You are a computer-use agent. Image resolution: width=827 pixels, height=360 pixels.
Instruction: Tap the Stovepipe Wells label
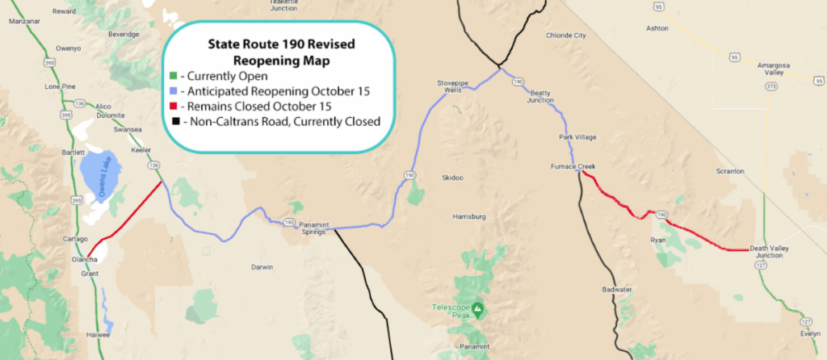[452, 86]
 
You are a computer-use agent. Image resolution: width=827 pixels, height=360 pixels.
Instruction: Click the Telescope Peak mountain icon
[478, 308]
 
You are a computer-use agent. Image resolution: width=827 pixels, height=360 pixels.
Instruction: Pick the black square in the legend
[174, 122]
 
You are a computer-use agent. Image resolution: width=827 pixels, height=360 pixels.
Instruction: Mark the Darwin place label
[262, 266]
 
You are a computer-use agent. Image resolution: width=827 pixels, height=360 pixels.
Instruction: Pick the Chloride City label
[565, 36]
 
